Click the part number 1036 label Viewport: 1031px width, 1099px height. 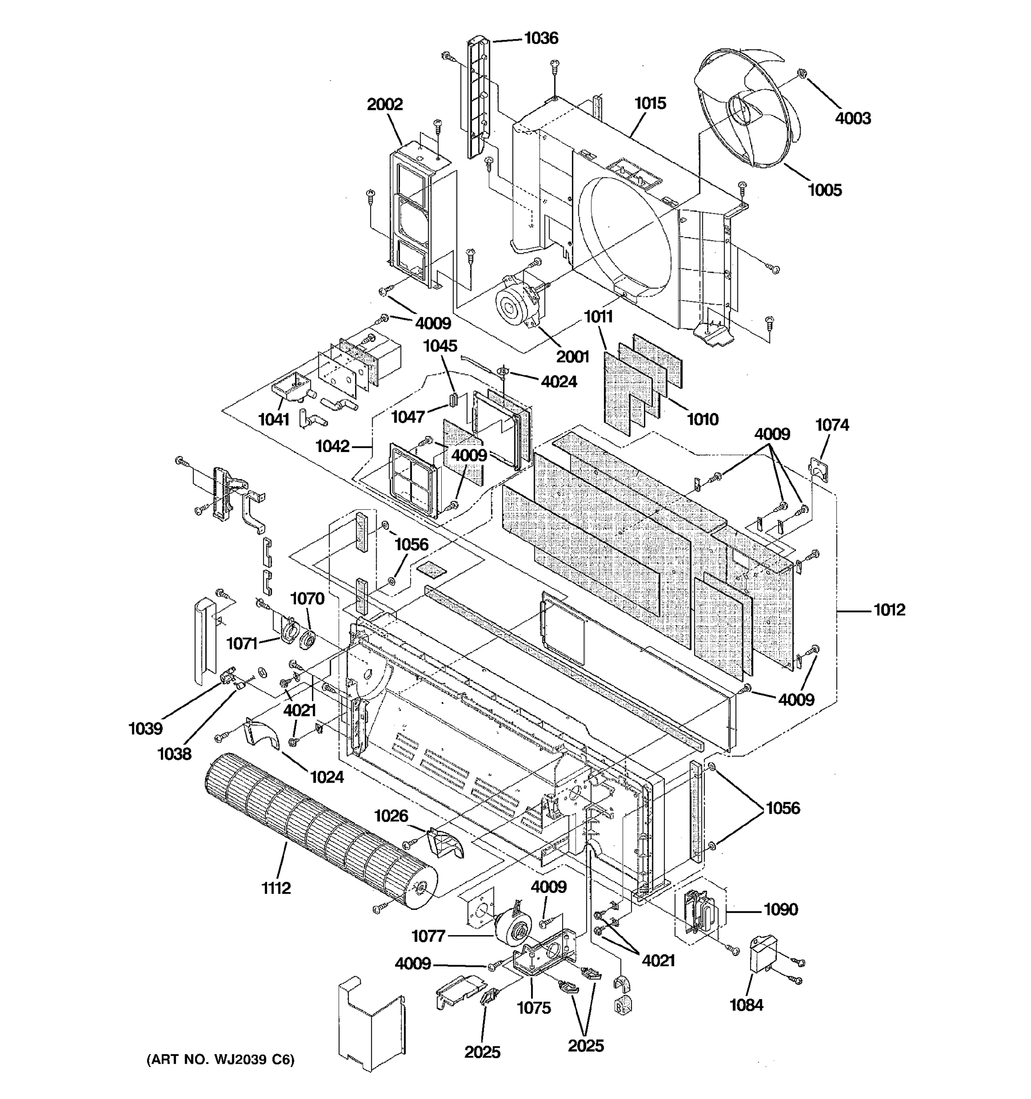tap(541, 38)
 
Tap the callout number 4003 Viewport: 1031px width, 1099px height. tap(853, 118)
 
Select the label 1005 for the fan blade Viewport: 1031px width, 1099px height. tap(825, 190)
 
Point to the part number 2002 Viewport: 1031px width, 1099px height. tap(385, 104)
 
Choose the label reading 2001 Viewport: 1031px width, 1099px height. tap(572, 357)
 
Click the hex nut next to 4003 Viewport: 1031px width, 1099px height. tap(801, 73)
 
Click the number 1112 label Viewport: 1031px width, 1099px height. tap(276, 888)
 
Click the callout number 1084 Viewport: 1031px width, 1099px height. tap(746, 1005)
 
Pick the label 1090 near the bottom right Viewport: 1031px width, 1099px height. tap(780, 909)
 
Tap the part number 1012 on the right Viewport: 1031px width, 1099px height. tap(889, 610)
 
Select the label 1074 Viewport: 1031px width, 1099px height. tap(832, 424)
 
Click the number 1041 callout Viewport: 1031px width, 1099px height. tap(274, 419)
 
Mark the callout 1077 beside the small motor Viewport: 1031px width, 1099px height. tap(428, 936)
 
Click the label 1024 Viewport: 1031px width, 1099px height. tap(327, 777)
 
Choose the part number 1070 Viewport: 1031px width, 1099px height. tap(307, 598)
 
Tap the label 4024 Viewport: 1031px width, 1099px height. tap(559, 381)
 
